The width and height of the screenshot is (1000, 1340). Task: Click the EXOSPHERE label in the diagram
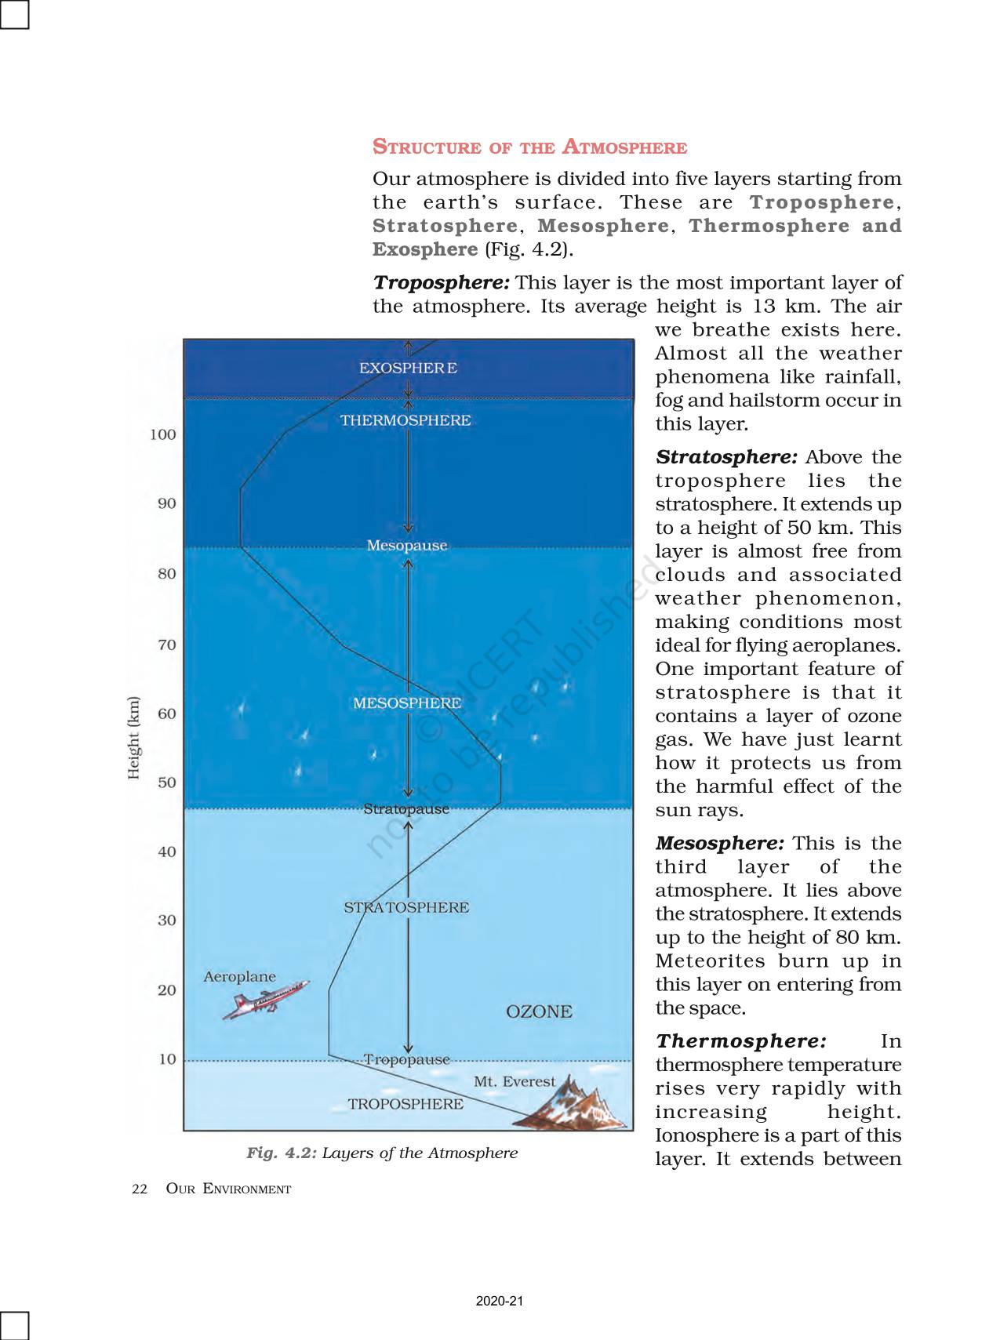(408, 368)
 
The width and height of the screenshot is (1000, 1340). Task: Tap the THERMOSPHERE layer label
(405, 420)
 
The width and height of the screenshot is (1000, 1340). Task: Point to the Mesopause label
(406, 545)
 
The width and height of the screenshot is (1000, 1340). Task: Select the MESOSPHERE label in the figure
(406, 703)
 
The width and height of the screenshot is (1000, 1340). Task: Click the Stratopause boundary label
(406, 808)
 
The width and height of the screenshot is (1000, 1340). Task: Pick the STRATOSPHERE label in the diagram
(406, 907)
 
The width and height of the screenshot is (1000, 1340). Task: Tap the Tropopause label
(406, 1059)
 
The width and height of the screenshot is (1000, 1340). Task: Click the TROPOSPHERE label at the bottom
(405, 1104)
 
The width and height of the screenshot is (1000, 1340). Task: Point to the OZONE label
(539, 1011)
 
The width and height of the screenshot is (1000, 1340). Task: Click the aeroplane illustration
(264, 1000)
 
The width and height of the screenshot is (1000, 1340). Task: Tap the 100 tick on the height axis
(163, 434)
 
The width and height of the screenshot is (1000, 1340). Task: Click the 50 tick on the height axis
(167, 783)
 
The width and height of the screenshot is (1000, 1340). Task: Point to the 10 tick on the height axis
(167, 1059)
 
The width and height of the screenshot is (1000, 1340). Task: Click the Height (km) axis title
(134, 737)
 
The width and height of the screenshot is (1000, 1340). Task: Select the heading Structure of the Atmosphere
(529, 147)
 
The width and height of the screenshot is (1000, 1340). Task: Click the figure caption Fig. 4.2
(382, 1153)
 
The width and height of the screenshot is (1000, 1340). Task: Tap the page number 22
(140, 1189)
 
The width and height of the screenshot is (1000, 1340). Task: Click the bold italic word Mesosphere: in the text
(719, 843)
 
